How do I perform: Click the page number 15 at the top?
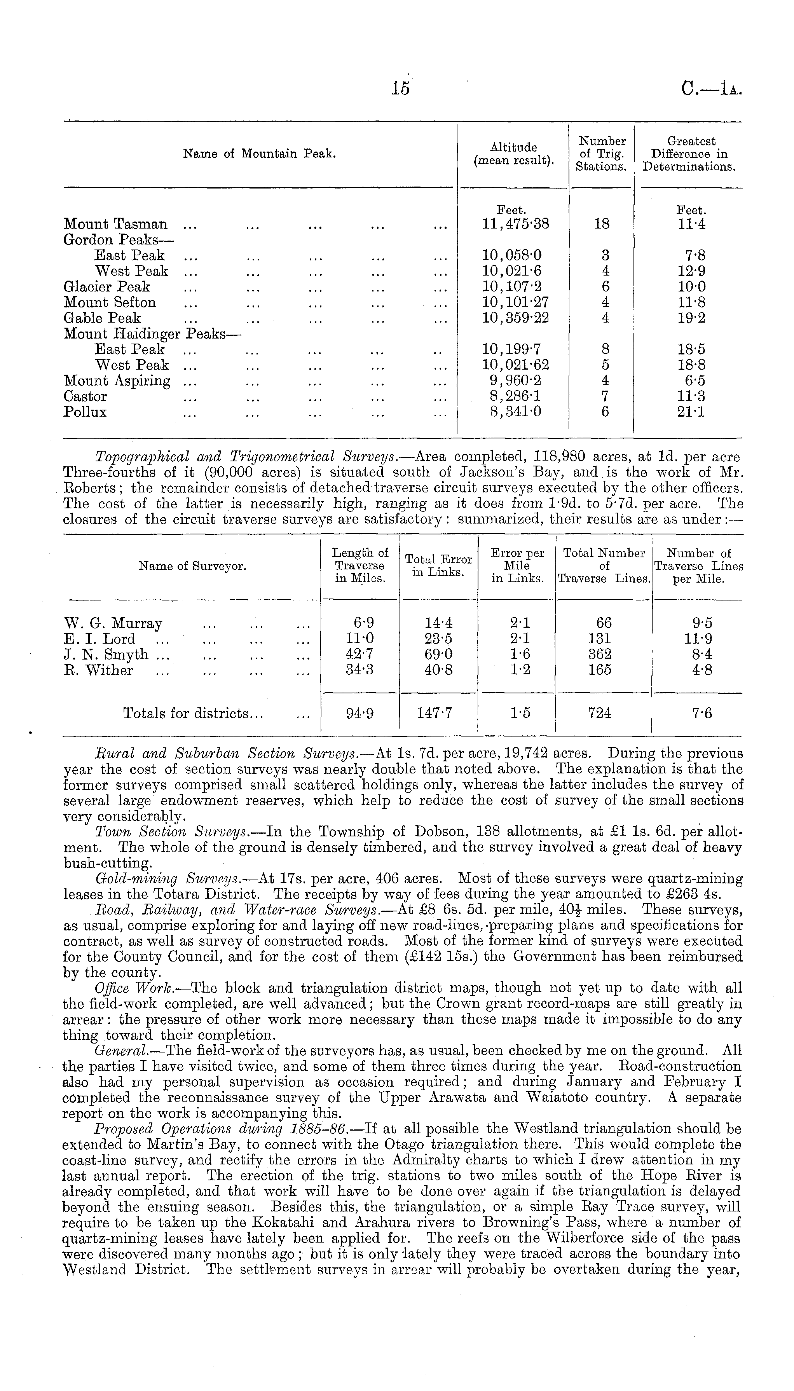(x=400, y=89)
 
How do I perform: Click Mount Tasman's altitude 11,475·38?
(x=515, y=224)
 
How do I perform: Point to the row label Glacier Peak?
(x=106, y=287)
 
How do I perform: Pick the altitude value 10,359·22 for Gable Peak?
(x=515, y=318)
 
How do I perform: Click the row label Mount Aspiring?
(x=117, y=380)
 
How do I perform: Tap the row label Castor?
(x=85, y=396)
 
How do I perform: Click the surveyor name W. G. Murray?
(x=113, y=623)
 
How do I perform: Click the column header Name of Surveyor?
(x=192, y=567)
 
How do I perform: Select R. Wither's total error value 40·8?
(x=438, y=670)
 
